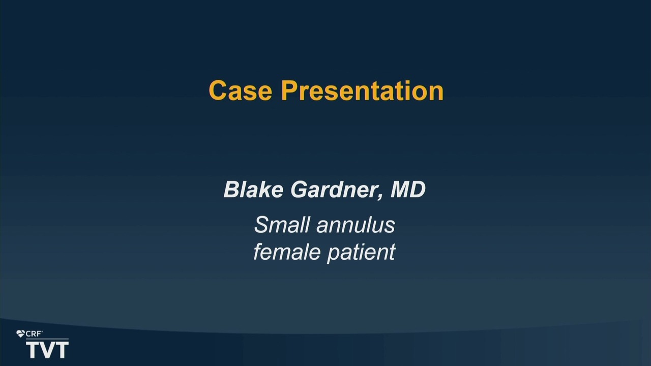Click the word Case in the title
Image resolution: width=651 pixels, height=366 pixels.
tap(241, 90)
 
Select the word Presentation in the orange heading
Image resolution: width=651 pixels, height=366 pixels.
tap(363, 90)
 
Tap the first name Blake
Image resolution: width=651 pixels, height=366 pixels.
tap(253, 190)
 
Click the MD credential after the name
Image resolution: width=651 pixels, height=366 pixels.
tap(408, 190)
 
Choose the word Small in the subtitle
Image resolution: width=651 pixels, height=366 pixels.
tap(282, 225)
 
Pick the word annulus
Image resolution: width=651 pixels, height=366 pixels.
tap(356, 225)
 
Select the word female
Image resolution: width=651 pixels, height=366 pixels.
tap(287, 252)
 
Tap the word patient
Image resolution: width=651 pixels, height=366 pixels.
tap(361, 252)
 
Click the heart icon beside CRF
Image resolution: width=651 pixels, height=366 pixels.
tap(20, 334)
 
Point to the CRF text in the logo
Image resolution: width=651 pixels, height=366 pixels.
tap(34, 334)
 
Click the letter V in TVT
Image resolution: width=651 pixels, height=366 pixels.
tap(47, 350)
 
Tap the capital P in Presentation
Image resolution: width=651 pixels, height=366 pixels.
tap(290, 90)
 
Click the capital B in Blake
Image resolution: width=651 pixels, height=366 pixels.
tap(231, 190)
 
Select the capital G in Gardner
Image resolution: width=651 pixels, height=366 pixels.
tap(300, 190)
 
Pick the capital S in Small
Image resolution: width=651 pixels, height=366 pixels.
tap(261, 225)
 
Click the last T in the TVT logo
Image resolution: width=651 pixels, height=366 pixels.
tap(62, 350)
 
